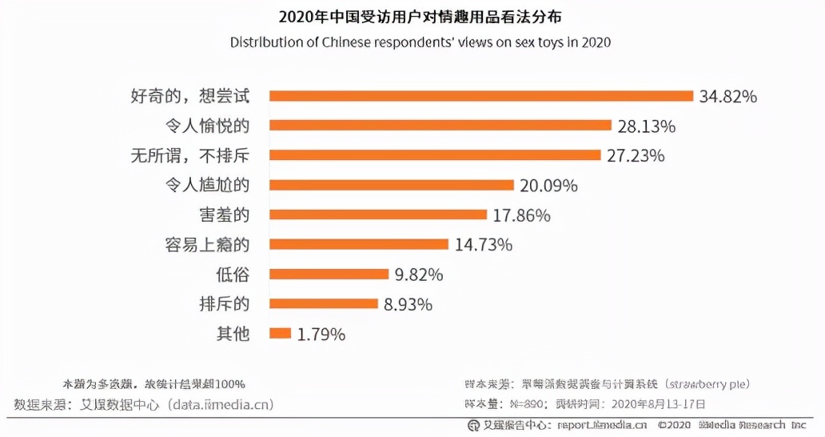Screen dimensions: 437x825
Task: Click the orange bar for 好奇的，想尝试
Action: pos(481,96)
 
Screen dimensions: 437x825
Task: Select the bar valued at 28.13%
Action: pos(440,126)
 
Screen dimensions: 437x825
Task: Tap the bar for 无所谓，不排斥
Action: pos(435,155)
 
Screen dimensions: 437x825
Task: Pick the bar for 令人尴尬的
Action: pos(392,185)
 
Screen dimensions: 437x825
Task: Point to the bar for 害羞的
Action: pos(378,214)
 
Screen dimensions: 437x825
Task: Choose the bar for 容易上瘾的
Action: pos(359,244)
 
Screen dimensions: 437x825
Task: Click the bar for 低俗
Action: pos(329,274)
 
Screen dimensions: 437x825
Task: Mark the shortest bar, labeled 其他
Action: pos(281,334)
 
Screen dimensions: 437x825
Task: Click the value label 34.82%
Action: pos(727,97)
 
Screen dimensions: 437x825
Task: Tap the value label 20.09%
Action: pos(548,186)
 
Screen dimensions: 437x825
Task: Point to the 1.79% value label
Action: pos(321,335)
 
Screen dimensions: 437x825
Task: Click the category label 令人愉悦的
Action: pos(206,126)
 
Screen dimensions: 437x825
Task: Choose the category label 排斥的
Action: pos(224,304)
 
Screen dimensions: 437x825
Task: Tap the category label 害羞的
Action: pos(224,214)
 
